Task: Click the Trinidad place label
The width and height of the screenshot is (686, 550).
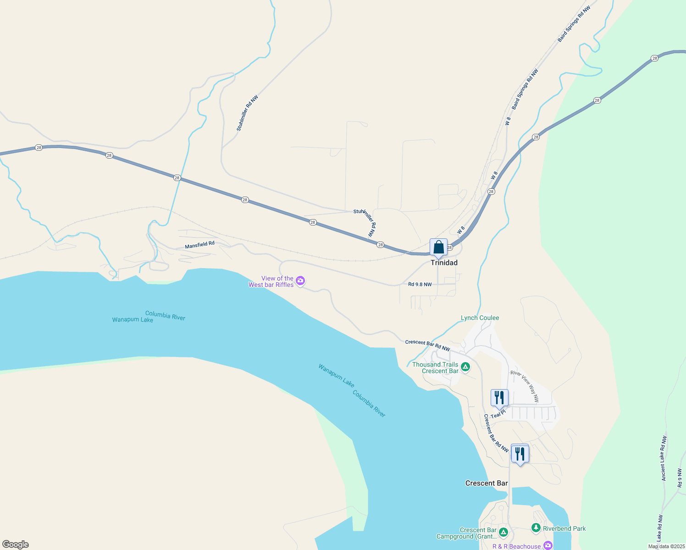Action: coord(444,263)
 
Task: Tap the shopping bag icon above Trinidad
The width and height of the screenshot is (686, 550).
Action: coord(438,247)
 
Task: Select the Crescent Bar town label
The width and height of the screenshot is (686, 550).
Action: coord(486,483)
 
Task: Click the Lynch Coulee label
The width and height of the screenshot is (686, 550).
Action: coord(480,318)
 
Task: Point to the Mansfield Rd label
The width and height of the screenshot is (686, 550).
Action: coord(199,245)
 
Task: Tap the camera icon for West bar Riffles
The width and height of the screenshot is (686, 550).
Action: coord(300,280)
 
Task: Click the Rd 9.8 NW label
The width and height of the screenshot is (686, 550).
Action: coord(420,284)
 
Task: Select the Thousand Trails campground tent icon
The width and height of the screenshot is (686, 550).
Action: coord(465,367)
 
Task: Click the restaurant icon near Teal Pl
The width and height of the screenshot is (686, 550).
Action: coord(499,398)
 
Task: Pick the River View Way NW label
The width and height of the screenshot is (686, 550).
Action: coord(525,386)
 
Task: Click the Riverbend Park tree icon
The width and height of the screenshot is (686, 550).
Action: coord(536,528)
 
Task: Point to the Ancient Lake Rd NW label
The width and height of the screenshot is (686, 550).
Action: coord(663,458)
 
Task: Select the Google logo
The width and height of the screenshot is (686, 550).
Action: coord(15,544)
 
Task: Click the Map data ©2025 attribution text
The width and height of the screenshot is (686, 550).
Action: coord(666,546)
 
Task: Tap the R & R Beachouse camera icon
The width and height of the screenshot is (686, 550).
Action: coord(548,545)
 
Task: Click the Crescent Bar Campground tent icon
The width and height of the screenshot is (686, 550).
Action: coord(503,532)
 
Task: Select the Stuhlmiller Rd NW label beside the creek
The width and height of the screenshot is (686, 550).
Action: coord(247,113)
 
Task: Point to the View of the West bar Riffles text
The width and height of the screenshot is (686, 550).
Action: coord(271,281)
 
